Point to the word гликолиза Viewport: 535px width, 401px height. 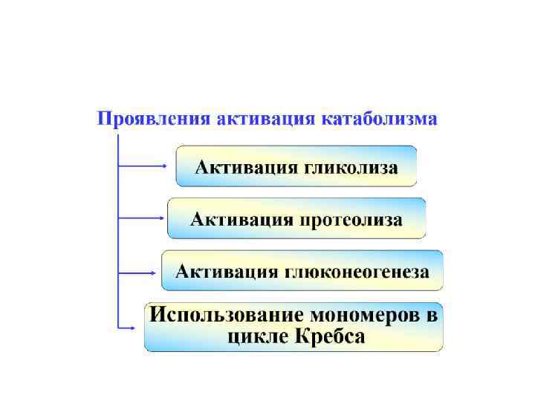pos(351,166)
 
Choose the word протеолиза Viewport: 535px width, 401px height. pos(351,219)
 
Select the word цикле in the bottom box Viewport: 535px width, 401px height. pos(253,336)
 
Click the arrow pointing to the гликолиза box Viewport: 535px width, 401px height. pos(145,166)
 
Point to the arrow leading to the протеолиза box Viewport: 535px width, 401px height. pos(141,218)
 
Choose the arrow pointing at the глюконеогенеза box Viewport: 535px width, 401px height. pos(138,273)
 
